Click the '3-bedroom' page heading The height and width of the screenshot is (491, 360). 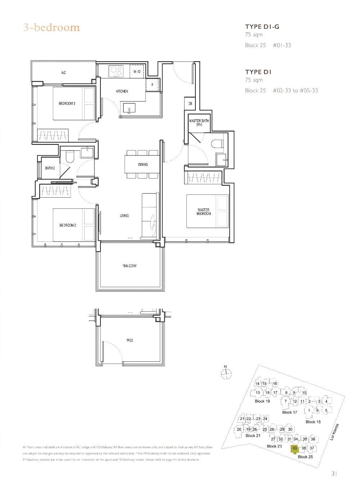51,28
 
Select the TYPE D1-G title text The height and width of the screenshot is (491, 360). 262,27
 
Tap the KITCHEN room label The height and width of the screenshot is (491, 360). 122,91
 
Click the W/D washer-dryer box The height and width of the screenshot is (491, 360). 137,72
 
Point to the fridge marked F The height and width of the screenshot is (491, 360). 152,85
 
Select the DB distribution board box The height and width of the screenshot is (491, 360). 190,104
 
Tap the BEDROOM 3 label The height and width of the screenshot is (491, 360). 67,104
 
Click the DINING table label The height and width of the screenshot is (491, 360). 143,165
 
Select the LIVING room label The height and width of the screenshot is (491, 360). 124,216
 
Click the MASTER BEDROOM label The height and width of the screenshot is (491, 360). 203,212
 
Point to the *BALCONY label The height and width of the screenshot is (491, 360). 130,266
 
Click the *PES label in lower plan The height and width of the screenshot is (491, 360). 130,340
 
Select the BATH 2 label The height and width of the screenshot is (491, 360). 50,168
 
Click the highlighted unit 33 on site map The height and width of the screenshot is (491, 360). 294,448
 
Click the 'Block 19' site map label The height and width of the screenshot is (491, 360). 262,401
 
